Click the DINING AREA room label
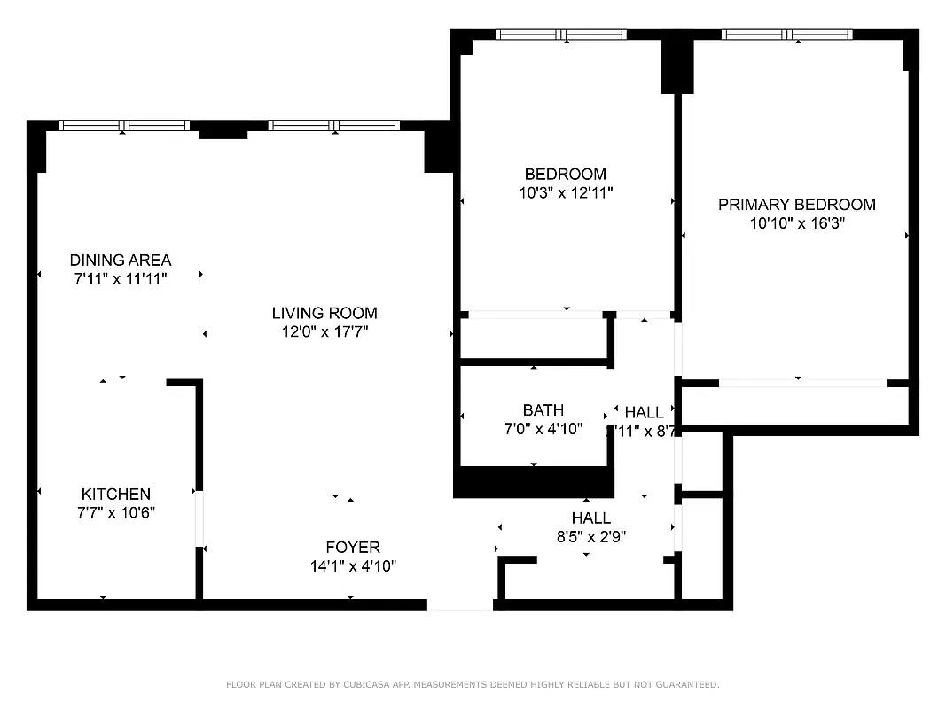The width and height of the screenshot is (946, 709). pyautogui.click(x=121, y=260)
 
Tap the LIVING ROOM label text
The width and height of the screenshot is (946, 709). pyautogui.click(x=324, y=313)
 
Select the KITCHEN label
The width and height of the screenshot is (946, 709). pyautogui.click(x=116, y=494)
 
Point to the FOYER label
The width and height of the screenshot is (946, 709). pyautogui.click(x=352, y=547)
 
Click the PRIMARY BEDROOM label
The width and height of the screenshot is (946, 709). pyautogui.click(x=796, y=205)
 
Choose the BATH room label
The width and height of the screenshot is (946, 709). pyautogui.click(x=543, y=410)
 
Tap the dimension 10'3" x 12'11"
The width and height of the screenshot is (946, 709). pyautogui.click(x=566, y=192)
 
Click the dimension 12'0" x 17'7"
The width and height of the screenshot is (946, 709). pyautogui.click(x=324, y=331)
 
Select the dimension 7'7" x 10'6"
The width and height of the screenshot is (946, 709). pyautogui.click(x=116, y=512)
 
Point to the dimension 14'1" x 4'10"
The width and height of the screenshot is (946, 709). pyautogui.click(x=352, y=565)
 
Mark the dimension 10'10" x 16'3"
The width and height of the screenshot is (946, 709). pyautogui.click(x=796, y=223)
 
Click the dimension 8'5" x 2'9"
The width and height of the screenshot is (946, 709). pyautogui.click(x=590, y=536)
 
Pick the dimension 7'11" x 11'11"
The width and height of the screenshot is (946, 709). pyautogui.click(x=121, y=278)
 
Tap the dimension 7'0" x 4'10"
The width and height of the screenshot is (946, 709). pyautogui.click(x=543, y=429)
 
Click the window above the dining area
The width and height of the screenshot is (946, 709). pyautogui.click(x=124, y=126)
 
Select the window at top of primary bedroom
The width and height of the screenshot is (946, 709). pyautogui.click(x=787, y=35)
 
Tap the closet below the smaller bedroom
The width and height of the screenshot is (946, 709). pyautogui.click(x=532, y=339)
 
